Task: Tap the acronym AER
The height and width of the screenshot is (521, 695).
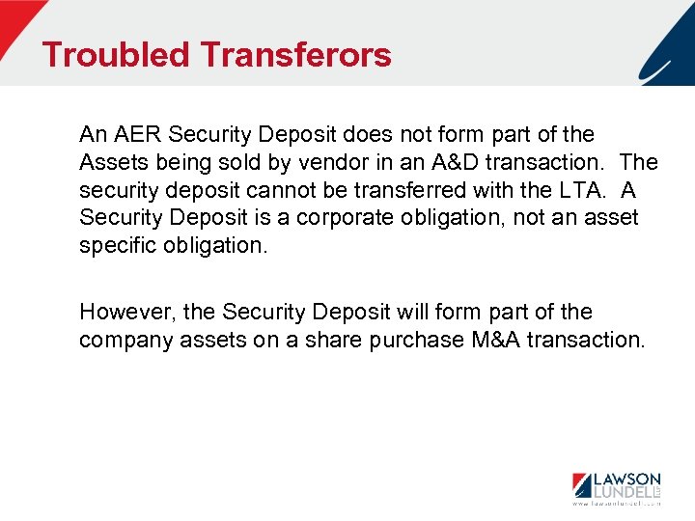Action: [x=136, y=135]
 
